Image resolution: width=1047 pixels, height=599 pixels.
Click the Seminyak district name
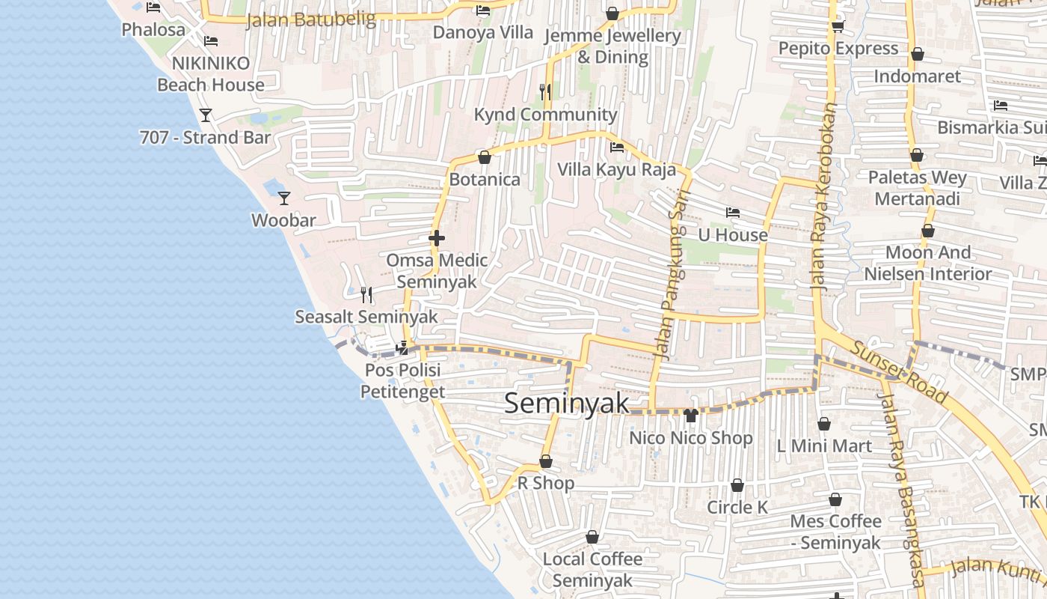(566, 403)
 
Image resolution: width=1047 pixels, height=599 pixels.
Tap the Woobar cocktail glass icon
(284, 198)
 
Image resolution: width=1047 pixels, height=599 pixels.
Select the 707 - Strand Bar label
(205, 138)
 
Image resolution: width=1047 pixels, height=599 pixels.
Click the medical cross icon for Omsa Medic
(437, 239)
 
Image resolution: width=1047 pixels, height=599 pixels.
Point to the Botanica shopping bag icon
(484, 157)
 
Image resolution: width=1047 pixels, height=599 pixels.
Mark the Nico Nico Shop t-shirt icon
(690, 416)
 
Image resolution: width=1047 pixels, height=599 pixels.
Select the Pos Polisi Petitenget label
(402, 381)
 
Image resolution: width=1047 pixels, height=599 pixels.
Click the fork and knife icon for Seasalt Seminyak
(366, 295)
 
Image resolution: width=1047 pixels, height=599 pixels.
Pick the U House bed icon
(733, 213)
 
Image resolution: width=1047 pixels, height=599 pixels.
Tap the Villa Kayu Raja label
(616, 169)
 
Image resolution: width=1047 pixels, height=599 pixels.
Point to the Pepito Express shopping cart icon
(838, 27)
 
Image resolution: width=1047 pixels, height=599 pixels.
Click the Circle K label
(737, 507)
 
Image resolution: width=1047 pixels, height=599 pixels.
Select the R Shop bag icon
(546, 462)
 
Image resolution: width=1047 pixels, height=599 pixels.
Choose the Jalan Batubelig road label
(310, 19)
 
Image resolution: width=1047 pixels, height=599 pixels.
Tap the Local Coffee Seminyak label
(592, 570)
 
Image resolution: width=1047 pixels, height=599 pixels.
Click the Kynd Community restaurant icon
(545, 92)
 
